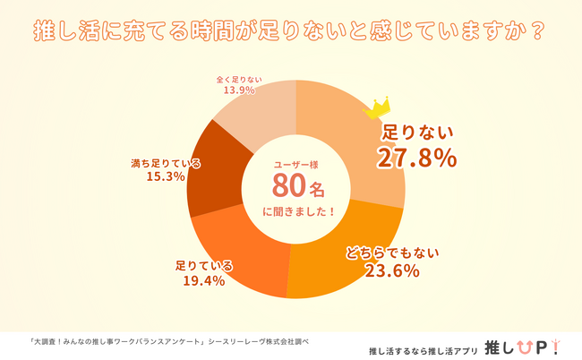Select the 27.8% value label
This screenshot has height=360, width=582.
coord(417,158)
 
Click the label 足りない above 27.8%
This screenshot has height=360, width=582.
coord(418,133)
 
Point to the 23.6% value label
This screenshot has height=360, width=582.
coord(392,271)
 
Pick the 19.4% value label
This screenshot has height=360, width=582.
coord(204,281)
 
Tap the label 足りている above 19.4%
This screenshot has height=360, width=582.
coord(204,266)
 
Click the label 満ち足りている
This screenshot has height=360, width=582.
coord(166,163)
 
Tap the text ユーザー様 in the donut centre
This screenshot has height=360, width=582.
coord(295,164)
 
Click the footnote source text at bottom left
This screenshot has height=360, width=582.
coord(170,340)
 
